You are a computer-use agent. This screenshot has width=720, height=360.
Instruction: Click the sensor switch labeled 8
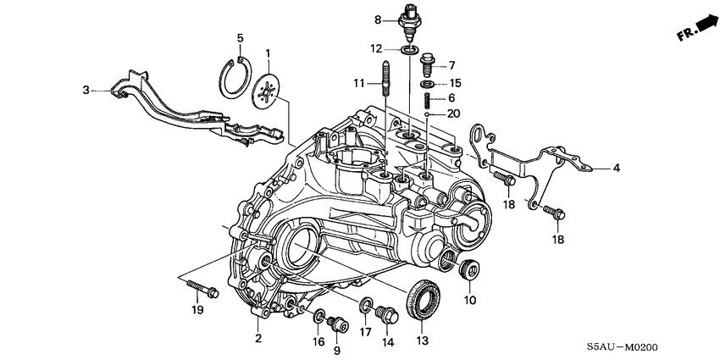click(411, 25)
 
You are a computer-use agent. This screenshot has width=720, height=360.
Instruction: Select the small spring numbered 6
click(429, 101)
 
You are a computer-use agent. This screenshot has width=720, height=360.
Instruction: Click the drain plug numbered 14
click(388, 314)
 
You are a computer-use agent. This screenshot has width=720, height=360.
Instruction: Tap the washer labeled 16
click(319, 318)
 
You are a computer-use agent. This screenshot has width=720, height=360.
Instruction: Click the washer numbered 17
click(365, 303)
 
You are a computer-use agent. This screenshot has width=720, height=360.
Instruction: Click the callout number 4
click(617, 168)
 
